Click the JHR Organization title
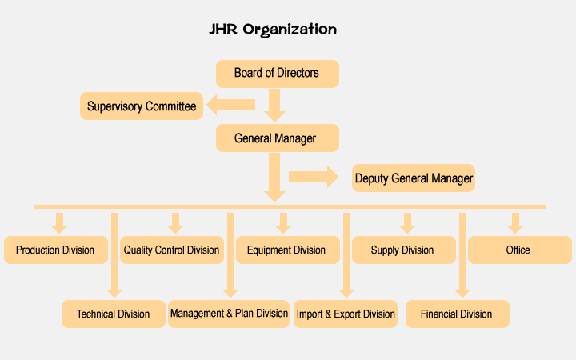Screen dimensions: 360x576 [272, 30]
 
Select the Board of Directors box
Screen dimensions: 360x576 [277, 74]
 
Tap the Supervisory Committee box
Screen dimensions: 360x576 [142, 106]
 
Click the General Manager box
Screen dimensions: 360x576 [277, 138]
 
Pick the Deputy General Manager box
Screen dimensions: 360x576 [414, 178]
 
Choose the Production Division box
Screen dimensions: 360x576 [55, 250]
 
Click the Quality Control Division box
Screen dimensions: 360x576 [171, 250]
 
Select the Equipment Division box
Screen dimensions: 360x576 [286, 250]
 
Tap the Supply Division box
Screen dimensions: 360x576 [402, 250]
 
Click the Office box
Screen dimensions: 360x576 [518, 250]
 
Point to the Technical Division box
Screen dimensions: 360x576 [113, 314]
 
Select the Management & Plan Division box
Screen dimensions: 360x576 [229, 314]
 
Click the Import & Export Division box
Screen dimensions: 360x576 [346, 314]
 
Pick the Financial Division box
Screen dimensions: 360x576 [456, 314]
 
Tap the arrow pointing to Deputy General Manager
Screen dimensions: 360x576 [314, 176]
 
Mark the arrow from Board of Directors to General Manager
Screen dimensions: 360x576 [275, 104]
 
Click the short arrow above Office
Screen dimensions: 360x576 [516, 222]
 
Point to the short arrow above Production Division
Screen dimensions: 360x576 [58, 222]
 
